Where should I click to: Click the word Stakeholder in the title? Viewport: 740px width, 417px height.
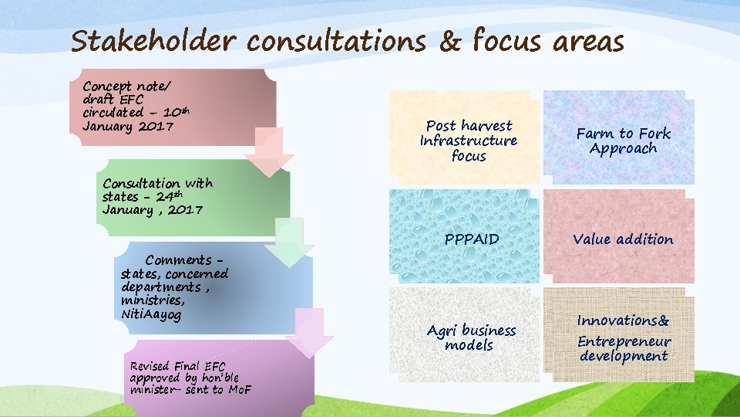pyautogui.click(x=154, y=40)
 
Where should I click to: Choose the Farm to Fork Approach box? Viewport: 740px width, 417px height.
pyautogui.click(x=623, y=141)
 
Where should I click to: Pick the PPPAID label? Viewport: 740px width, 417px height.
pyautogui.click(x=472, y=239)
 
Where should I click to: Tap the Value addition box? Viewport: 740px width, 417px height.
pyautogui.click(x=623, y=239)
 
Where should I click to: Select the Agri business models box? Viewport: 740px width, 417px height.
pyautogui.click(x=471, y=337)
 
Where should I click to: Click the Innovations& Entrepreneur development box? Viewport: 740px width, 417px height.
pyautogui.click(x=624, y=337)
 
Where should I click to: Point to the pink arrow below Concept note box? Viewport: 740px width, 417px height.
pyautogui.click(x=269, y=151)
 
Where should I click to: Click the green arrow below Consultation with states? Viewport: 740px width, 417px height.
pyautogui.click(x=289, y=243)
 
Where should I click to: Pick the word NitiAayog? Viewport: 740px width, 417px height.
pyautogui.click(x=150, y=314)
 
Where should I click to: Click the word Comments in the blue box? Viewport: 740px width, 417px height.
pyautogui.click(x=179, y=260)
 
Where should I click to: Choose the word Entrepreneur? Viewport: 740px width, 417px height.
pyautogui.click(x=624, y=341)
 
